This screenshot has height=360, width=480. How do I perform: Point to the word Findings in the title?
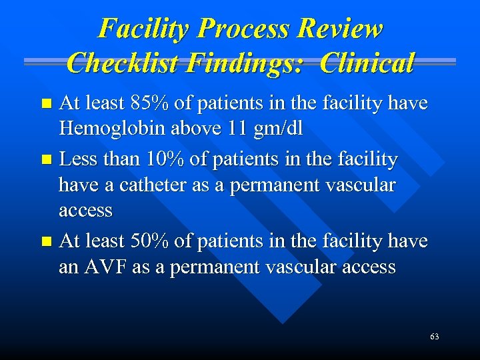tap(249, 63)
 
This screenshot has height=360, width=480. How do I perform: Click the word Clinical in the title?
tap(367, 63)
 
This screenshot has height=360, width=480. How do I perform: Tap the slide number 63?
tap(435, 337)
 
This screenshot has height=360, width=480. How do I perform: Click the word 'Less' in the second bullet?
tap(77, 160)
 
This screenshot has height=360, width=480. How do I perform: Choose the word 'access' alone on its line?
tap(85, 210)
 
